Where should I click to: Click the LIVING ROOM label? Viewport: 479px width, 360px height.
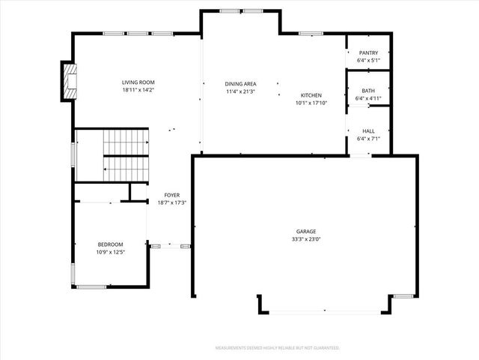tap(138, 82)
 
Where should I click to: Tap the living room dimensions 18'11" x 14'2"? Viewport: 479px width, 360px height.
tap(138, 90)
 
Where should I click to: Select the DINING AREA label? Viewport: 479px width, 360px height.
tap(240, 84)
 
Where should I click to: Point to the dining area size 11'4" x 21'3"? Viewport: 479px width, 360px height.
tap(240, 91)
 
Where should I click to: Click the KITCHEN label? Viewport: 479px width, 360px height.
tap(311, 95)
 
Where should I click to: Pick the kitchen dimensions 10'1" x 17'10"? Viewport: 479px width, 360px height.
tap(311, 103)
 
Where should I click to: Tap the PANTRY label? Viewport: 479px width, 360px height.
tap(368, 52)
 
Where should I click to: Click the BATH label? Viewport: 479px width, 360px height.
tap(368, 90)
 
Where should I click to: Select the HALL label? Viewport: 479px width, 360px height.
tap(368, 130)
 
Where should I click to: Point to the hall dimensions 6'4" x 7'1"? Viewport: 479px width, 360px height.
tap(368, 138)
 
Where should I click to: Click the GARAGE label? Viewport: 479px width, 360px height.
tap(305, 232)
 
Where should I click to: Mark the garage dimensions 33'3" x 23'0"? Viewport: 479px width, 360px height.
tap(305, 239)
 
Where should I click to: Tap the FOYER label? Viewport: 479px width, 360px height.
tap(172, 195)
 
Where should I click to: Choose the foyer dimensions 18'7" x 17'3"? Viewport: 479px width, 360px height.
tap(172, 202)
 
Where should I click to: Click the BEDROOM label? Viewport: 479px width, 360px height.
tap(110, 244)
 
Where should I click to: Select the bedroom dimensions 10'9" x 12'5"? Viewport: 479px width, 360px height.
tap(110, 252)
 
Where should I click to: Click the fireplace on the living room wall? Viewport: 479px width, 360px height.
tap(69, 81)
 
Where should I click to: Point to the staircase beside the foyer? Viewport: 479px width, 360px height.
tap(126, 154)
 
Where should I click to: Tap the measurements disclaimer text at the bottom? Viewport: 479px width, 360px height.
tap(277, 348)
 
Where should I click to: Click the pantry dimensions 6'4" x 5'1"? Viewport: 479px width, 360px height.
tap(368, 60)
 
